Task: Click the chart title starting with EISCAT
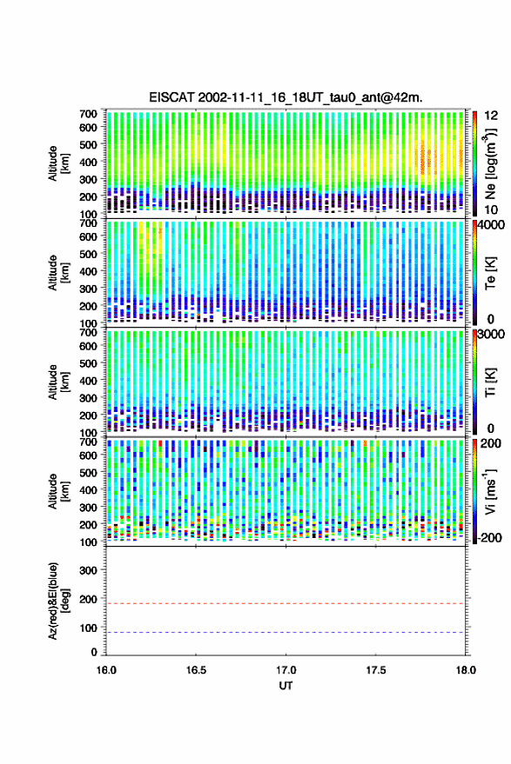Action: pyautogui.click(x=286, y=97)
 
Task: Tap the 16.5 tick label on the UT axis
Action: pyautogui.click(x=196, y=670)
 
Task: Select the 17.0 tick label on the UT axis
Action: pyautogui.click(x=286, y=670)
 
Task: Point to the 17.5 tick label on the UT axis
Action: pyautogui.click(x=375, y=670)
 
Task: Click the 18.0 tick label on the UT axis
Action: pyautogui.click(x=465, y=670)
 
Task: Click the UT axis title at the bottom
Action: pyautogui.click(x=286, y=686)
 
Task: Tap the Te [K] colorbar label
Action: pyautogui.click(x=490, y=273)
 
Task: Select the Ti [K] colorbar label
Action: pyautogui.click(x=490, y=382)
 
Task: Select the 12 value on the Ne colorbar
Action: pyautogui.click(x=492, y=116)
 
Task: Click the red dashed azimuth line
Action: pyautogui.click(x=286, y=604)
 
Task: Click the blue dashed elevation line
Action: pyautogui.click(x=286, y=633)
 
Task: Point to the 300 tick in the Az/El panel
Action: pyautogui.click(x=88, y=570)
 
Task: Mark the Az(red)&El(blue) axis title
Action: pyautogui.click(x=59, y=601)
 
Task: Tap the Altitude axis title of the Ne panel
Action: pyautogui.click(x=59, y=163)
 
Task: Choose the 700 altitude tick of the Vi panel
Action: pyautogui.click(x=88, y=442)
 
